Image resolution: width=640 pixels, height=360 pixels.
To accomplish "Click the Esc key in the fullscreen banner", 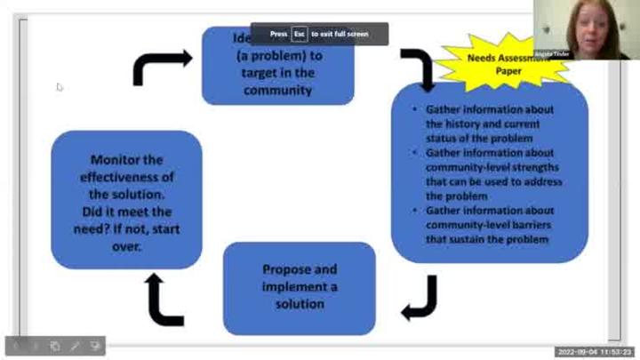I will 300,34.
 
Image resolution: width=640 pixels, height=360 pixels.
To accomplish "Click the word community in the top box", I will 278,90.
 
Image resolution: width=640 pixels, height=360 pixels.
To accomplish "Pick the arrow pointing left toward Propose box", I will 419,300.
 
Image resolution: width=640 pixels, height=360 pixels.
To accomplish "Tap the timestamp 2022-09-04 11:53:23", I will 594,352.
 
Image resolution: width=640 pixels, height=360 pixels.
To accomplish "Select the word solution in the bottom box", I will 299,303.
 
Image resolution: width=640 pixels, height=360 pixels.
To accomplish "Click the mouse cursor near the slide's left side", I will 59,86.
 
